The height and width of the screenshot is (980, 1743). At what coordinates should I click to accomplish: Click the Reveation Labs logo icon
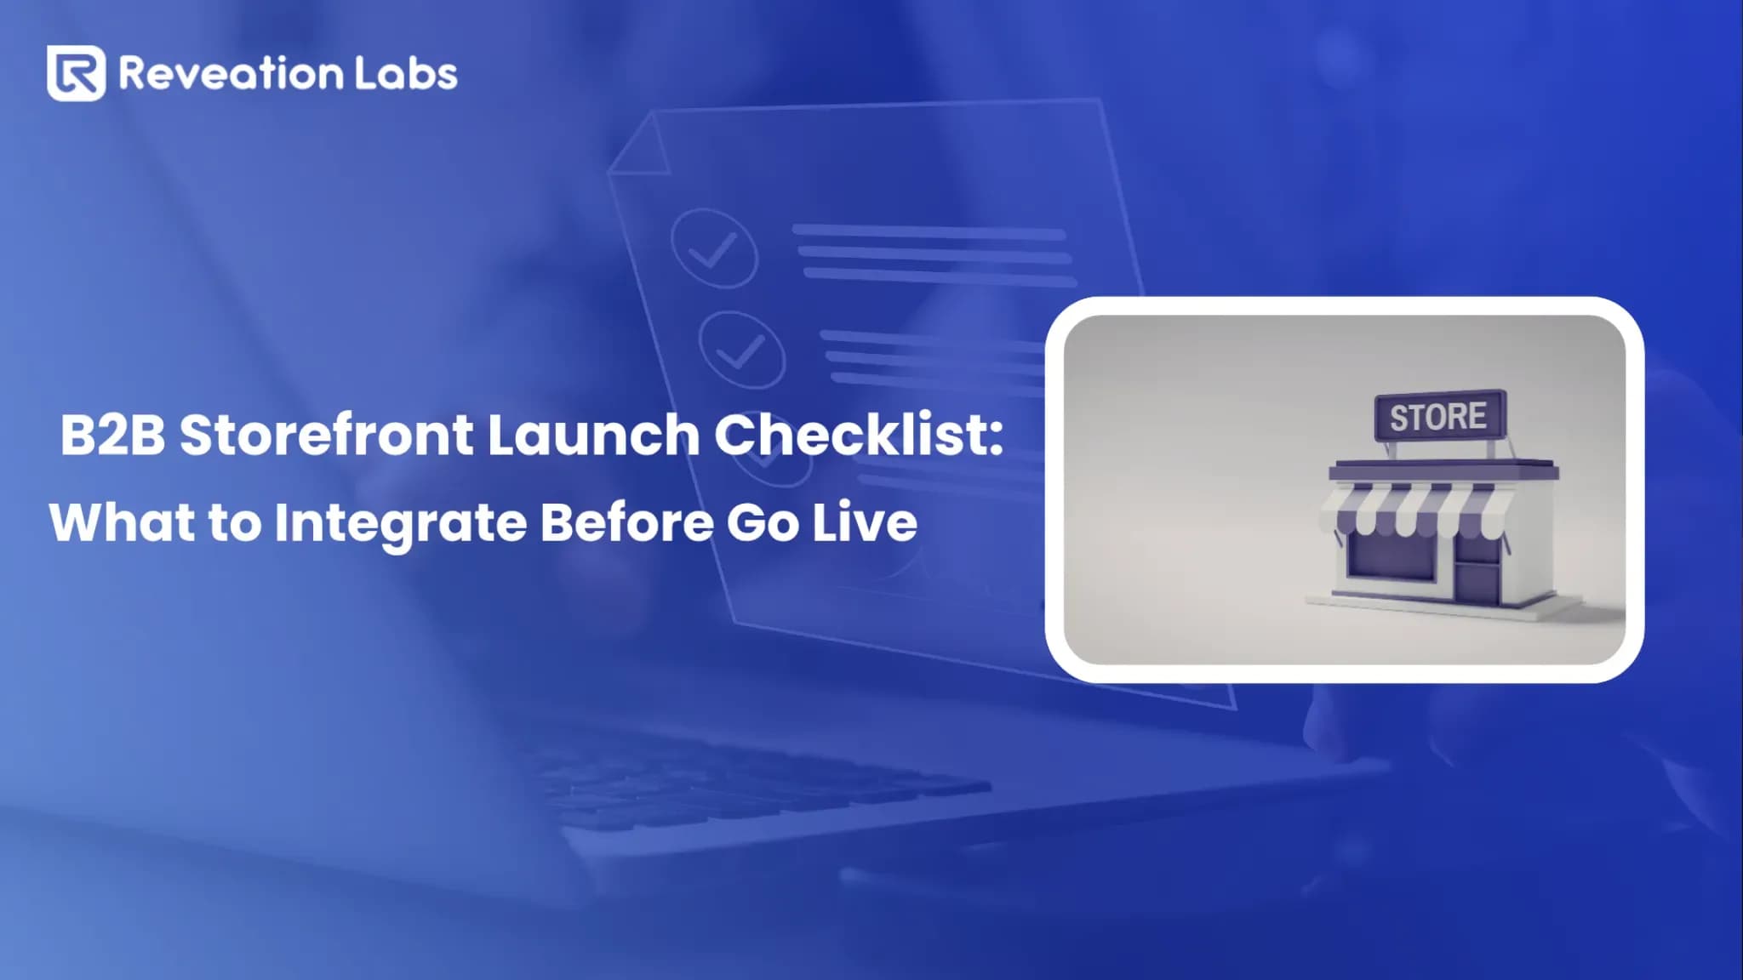[x=76, y=73]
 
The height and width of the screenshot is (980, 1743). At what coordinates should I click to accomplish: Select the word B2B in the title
[x=112, y=435]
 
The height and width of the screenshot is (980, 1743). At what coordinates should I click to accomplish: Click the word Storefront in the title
[x=326, y=435]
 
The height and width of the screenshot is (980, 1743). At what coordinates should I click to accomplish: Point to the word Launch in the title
[x=593, y=435]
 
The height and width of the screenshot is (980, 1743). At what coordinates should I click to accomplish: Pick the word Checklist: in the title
[x=859, y=435]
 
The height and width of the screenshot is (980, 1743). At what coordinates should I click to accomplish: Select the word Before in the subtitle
[x=626, y=522]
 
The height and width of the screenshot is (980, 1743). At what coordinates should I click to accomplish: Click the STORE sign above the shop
[x=1439, y=417]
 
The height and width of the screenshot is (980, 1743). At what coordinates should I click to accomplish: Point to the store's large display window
[x=1392, y=558]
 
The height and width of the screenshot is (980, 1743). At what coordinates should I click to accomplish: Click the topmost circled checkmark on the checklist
[x=714, y=248]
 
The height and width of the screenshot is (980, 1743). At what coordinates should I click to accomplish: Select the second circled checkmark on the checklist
[x=741, y=349]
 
